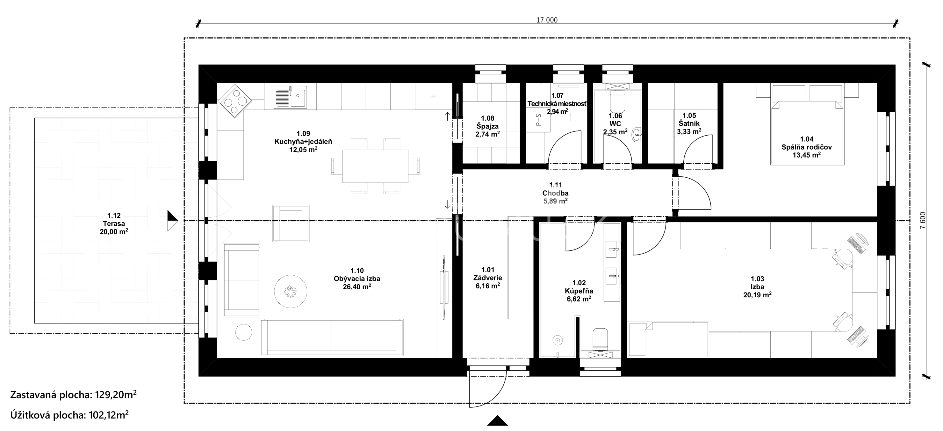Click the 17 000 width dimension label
[547, 20]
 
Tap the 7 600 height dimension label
[923, 221]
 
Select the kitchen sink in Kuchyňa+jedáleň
[291, 97]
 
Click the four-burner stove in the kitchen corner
[235, 101]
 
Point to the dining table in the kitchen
[375, 166]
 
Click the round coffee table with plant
[291, 291]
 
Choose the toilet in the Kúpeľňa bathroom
[600, 339]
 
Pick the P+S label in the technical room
[538, 120]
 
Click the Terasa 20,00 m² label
[114, 224]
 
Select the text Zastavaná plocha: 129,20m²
[74, 395]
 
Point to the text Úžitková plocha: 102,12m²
[69, 415]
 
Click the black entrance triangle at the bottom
[498, 420]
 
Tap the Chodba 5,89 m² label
[555, 193]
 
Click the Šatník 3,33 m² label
[689, 123]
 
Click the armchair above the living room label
[291, 223]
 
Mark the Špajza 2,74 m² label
[488, 126]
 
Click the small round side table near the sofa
[243, 332]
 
